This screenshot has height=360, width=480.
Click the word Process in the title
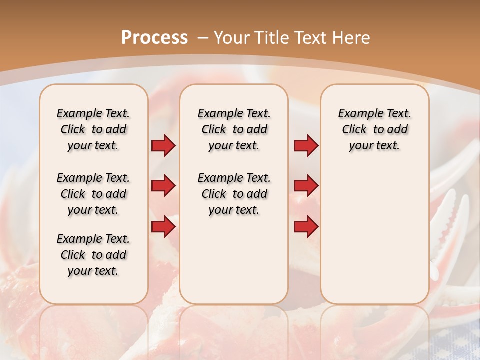(154, 38)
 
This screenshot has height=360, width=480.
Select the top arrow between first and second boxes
(163, 146)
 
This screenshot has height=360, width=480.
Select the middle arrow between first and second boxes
(163, 186)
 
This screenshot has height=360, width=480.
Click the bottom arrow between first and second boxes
(163, 227)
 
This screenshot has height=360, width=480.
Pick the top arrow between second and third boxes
(306, 146)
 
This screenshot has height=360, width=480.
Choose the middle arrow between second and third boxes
(306, 186)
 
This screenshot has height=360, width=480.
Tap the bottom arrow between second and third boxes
(306, 227)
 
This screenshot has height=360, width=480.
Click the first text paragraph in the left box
(93, 129)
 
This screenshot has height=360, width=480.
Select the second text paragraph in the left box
(93, 194)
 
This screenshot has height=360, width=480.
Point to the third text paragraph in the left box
(93, 255)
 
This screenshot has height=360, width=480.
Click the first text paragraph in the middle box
(234, 129)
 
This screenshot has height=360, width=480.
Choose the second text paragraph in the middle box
(234, 194)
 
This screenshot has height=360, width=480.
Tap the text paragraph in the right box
(374, 129)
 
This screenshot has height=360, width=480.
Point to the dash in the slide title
(203, 38)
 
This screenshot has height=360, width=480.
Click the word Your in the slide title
(232, 38)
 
